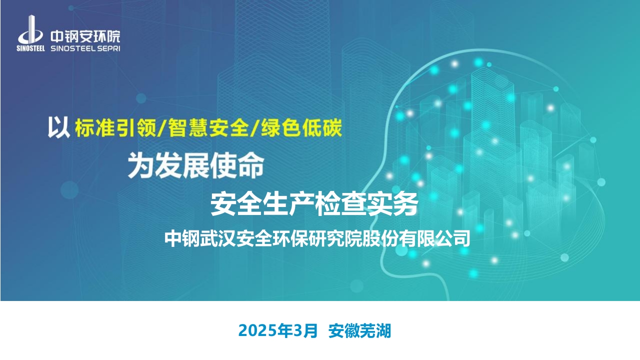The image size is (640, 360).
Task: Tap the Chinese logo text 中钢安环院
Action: point(85,36)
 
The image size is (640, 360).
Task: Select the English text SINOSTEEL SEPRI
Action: point(85,48)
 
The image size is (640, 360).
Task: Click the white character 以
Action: point(58,127)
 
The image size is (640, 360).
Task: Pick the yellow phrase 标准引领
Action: point(115,127)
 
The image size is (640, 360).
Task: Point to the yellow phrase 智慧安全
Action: point(208,127)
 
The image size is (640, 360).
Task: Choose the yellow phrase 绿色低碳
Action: point(301,127)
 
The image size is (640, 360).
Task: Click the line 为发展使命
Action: point(195,165)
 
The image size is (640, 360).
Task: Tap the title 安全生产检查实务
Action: point(314,204)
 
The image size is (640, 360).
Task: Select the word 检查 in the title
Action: point(340,204)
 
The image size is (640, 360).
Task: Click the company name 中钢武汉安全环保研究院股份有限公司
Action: point(317,238)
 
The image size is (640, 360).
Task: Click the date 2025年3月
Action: point(278,331)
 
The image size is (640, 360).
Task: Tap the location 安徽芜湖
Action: point(359,331)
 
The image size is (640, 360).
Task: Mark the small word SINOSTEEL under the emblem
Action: point(30,48)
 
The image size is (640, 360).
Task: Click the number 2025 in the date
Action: point(257,331)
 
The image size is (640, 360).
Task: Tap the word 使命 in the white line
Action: point(237,165)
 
